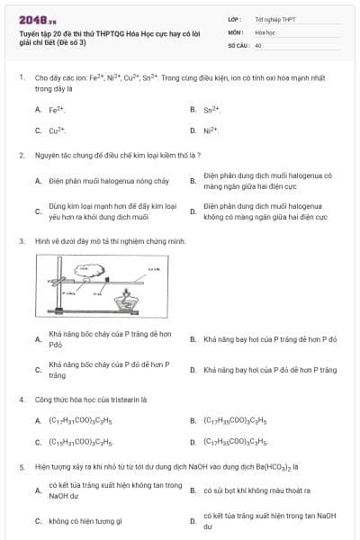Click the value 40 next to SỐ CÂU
click(x=258, y=44)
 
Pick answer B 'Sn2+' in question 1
click(x=211, y=110)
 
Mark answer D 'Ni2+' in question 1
click(x=211, y=130)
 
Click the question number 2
click(x=21, y=156)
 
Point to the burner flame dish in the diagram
click(x=144, y=302)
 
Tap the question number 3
click(x=21, y=241)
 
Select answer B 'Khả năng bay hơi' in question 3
click(x=270, y=339)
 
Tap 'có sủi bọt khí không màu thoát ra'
click(x=256, y=490)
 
